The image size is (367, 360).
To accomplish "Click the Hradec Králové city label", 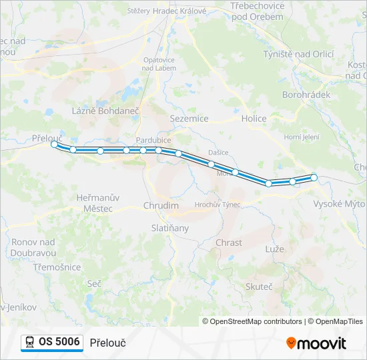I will click(x=179, y=11).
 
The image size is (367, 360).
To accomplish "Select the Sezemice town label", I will click(x=190, y=119).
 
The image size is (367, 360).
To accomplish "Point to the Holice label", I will click(x=254, y=119).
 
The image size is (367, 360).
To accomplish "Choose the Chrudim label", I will click(x=161, y=206).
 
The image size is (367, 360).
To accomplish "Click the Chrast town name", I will click(x=229, y=243).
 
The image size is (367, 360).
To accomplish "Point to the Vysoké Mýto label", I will click(x=338, y=203).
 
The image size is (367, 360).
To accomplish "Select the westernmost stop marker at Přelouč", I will click(x=54, y=144).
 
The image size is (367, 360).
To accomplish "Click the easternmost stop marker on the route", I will click(x=314, y=177).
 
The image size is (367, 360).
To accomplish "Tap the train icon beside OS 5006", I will click(x=30, y=343).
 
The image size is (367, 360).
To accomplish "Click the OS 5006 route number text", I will click(x=59, y=342).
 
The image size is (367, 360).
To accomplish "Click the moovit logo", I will click(x=317, y=343).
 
